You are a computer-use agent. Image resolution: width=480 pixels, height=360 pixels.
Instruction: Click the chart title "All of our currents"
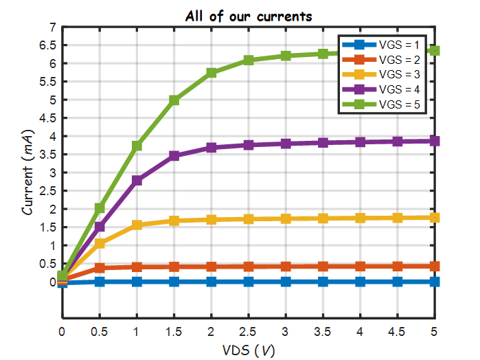tap(247, 15)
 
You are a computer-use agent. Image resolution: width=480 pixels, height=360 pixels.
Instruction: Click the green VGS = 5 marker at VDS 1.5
tap(174, 100)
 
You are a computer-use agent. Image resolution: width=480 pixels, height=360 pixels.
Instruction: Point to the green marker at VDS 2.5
tap(249, 60)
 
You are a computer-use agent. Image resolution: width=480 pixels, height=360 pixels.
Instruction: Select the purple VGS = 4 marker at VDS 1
tap(137, 181)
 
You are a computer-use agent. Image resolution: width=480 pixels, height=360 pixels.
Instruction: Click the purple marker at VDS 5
tap(435, 141)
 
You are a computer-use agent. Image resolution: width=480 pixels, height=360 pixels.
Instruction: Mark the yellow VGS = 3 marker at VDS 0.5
tap(100, 244)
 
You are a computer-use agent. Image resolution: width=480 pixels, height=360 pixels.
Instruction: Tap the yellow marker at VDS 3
tap(286, 218)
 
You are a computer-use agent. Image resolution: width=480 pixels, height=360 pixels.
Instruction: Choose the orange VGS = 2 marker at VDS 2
tap(212, 267)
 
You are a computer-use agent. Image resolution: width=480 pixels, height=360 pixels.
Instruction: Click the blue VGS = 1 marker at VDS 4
tap(361, 282)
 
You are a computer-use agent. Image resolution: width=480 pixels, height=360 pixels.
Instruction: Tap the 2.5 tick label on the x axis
tap(249, 332)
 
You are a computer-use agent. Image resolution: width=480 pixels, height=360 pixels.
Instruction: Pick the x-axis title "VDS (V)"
tap(249, 350)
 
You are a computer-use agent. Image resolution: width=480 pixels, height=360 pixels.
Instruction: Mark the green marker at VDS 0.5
tap(100, 208)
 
